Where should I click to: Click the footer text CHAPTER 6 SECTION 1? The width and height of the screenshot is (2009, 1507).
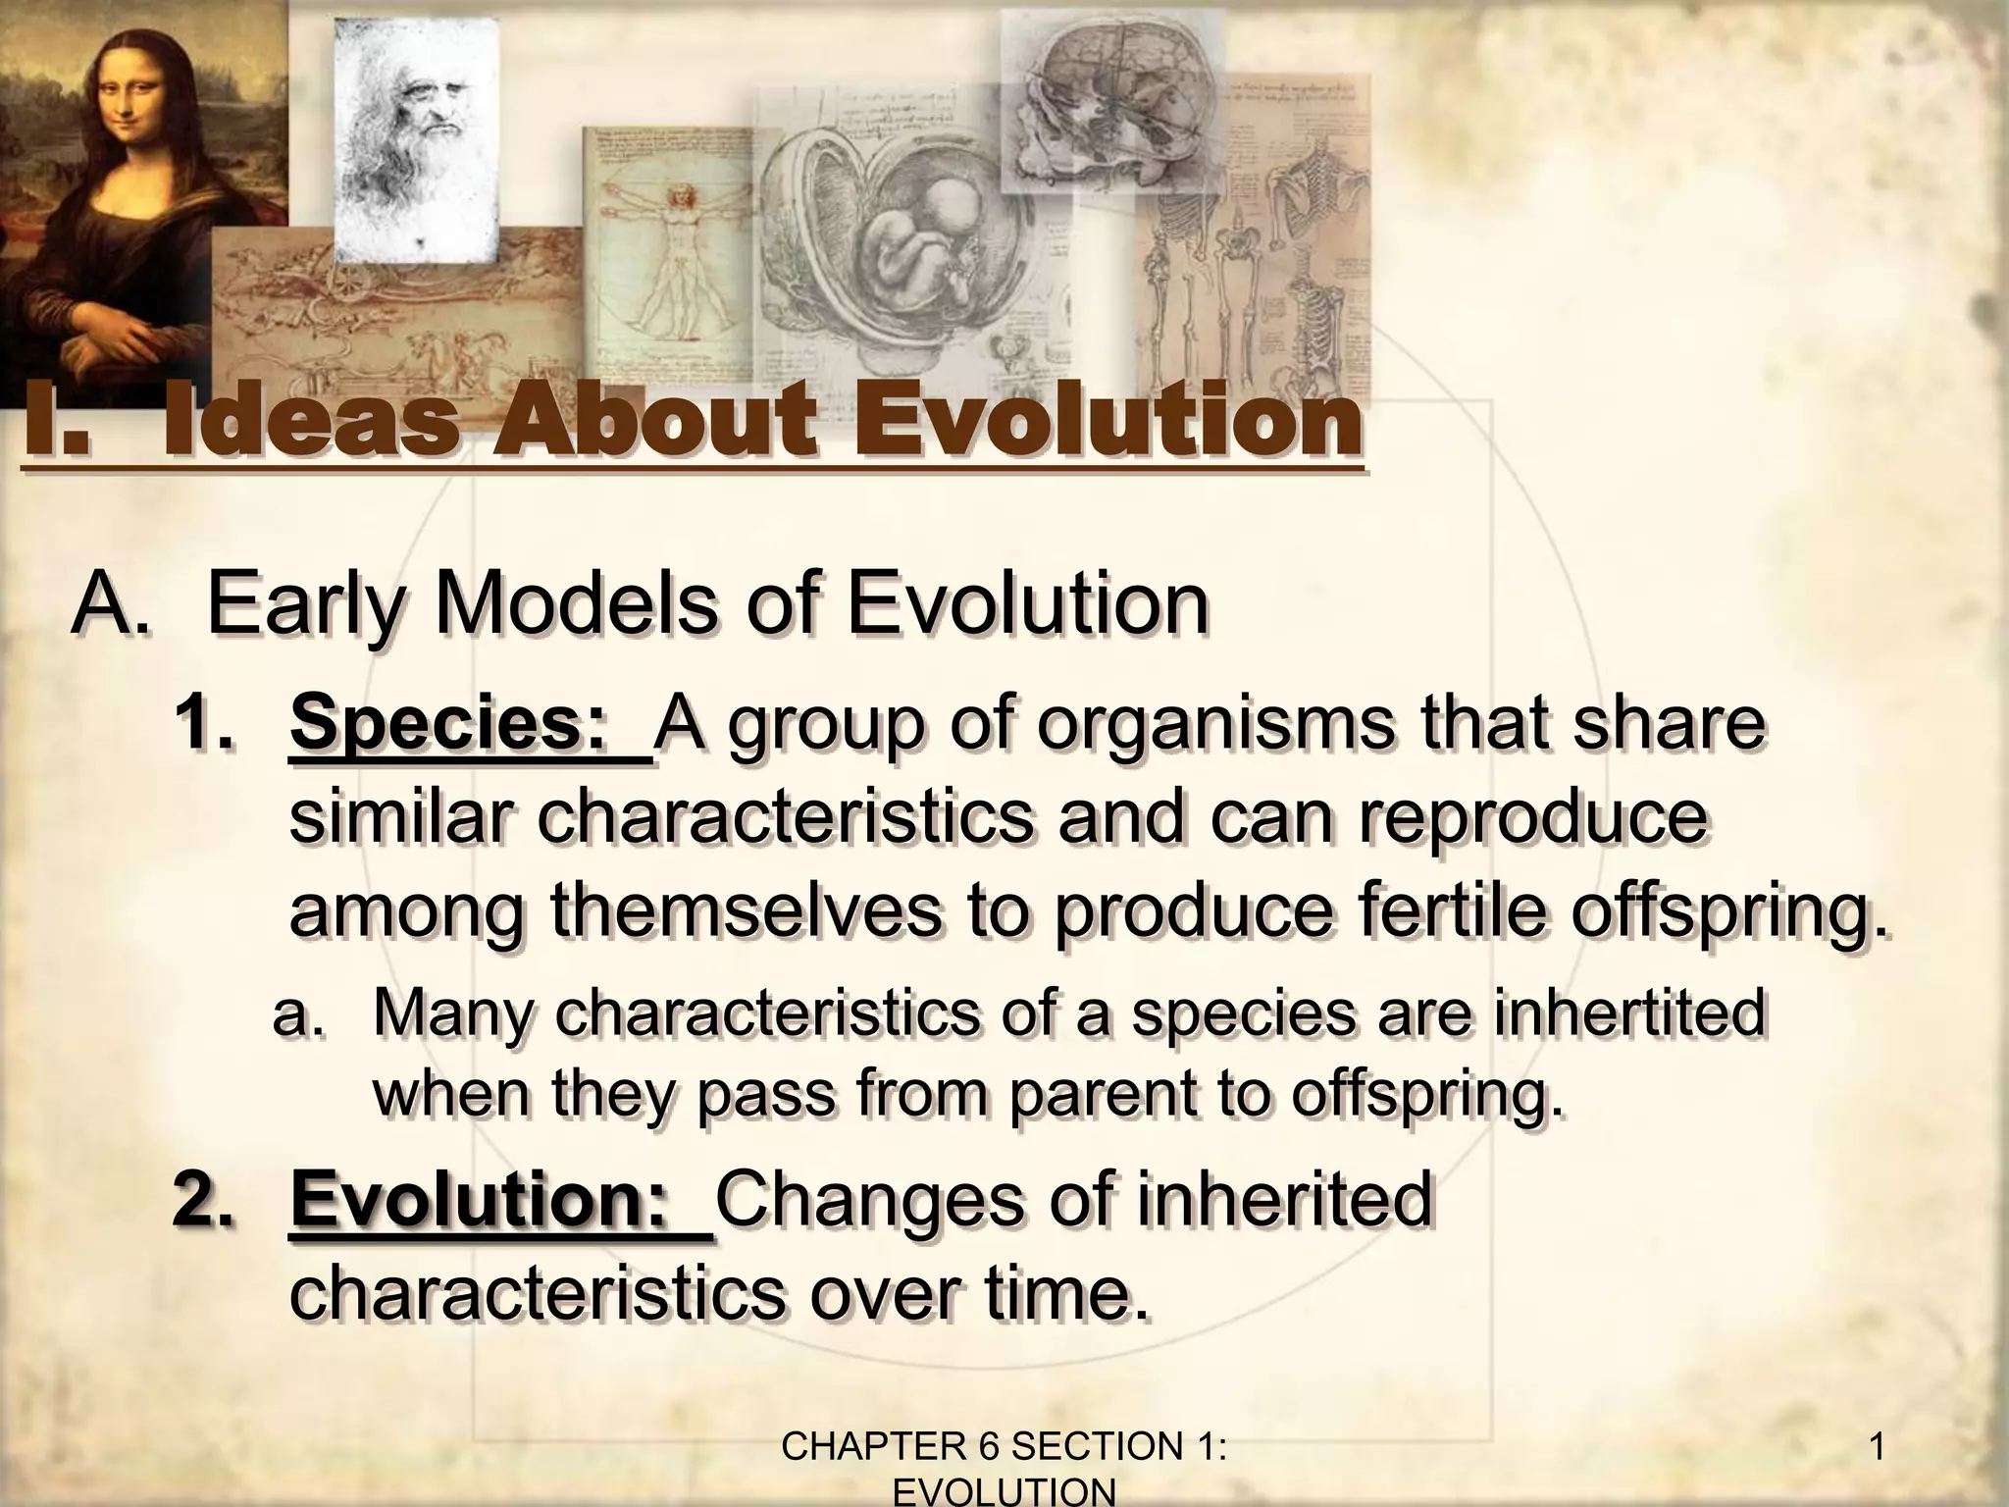tap(1006, 1447)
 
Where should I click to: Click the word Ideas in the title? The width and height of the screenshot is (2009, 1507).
tap(309, 424)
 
